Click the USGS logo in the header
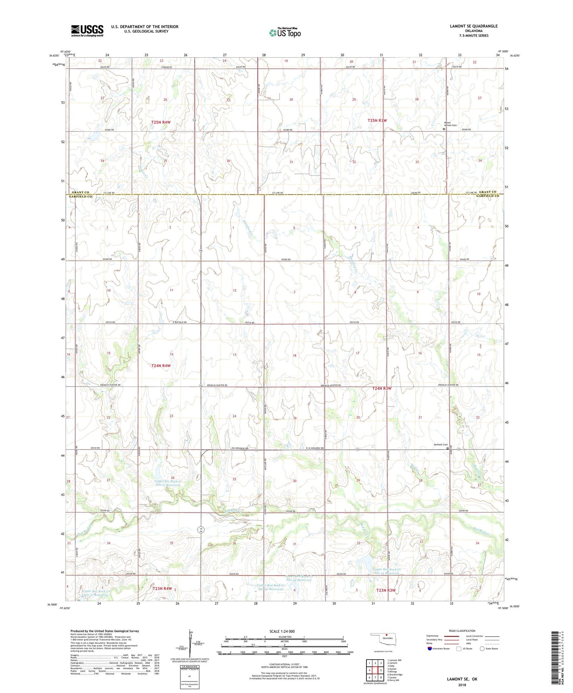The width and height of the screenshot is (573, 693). [87, 31]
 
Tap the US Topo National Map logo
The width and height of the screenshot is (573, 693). [285, 33]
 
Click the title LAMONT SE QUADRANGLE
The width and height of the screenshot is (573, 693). [473, 26]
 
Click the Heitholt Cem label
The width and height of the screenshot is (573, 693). [440, 445]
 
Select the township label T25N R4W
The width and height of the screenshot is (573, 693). [161, 122]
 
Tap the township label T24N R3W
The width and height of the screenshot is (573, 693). [381, 389]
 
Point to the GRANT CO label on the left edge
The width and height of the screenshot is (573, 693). [80, 192]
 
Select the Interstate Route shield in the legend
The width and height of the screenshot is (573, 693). [430, 649]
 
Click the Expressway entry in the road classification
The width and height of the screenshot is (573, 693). [433, 636]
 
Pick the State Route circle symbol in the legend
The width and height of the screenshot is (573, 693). [482, 649]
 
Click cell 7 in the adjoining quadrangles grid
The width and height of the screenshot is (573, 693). [375, 678]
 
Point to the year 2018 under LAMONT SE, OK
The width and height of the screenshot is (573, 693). [462, 685]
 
